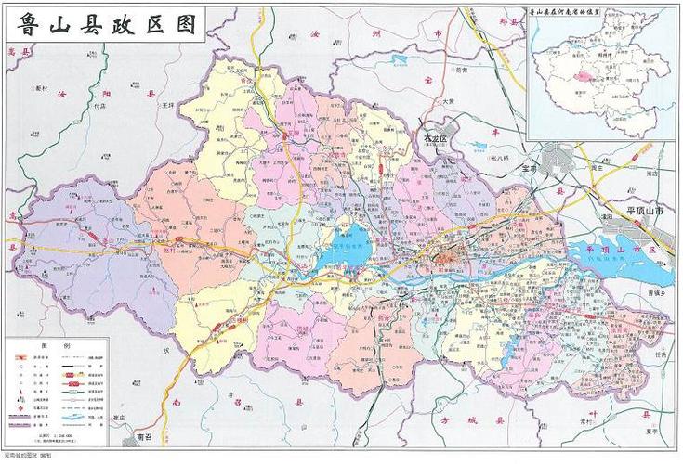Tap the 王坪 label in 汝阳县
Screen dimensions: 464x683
(168, 106)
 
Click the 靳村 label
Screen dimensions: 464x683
(41, 88)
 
